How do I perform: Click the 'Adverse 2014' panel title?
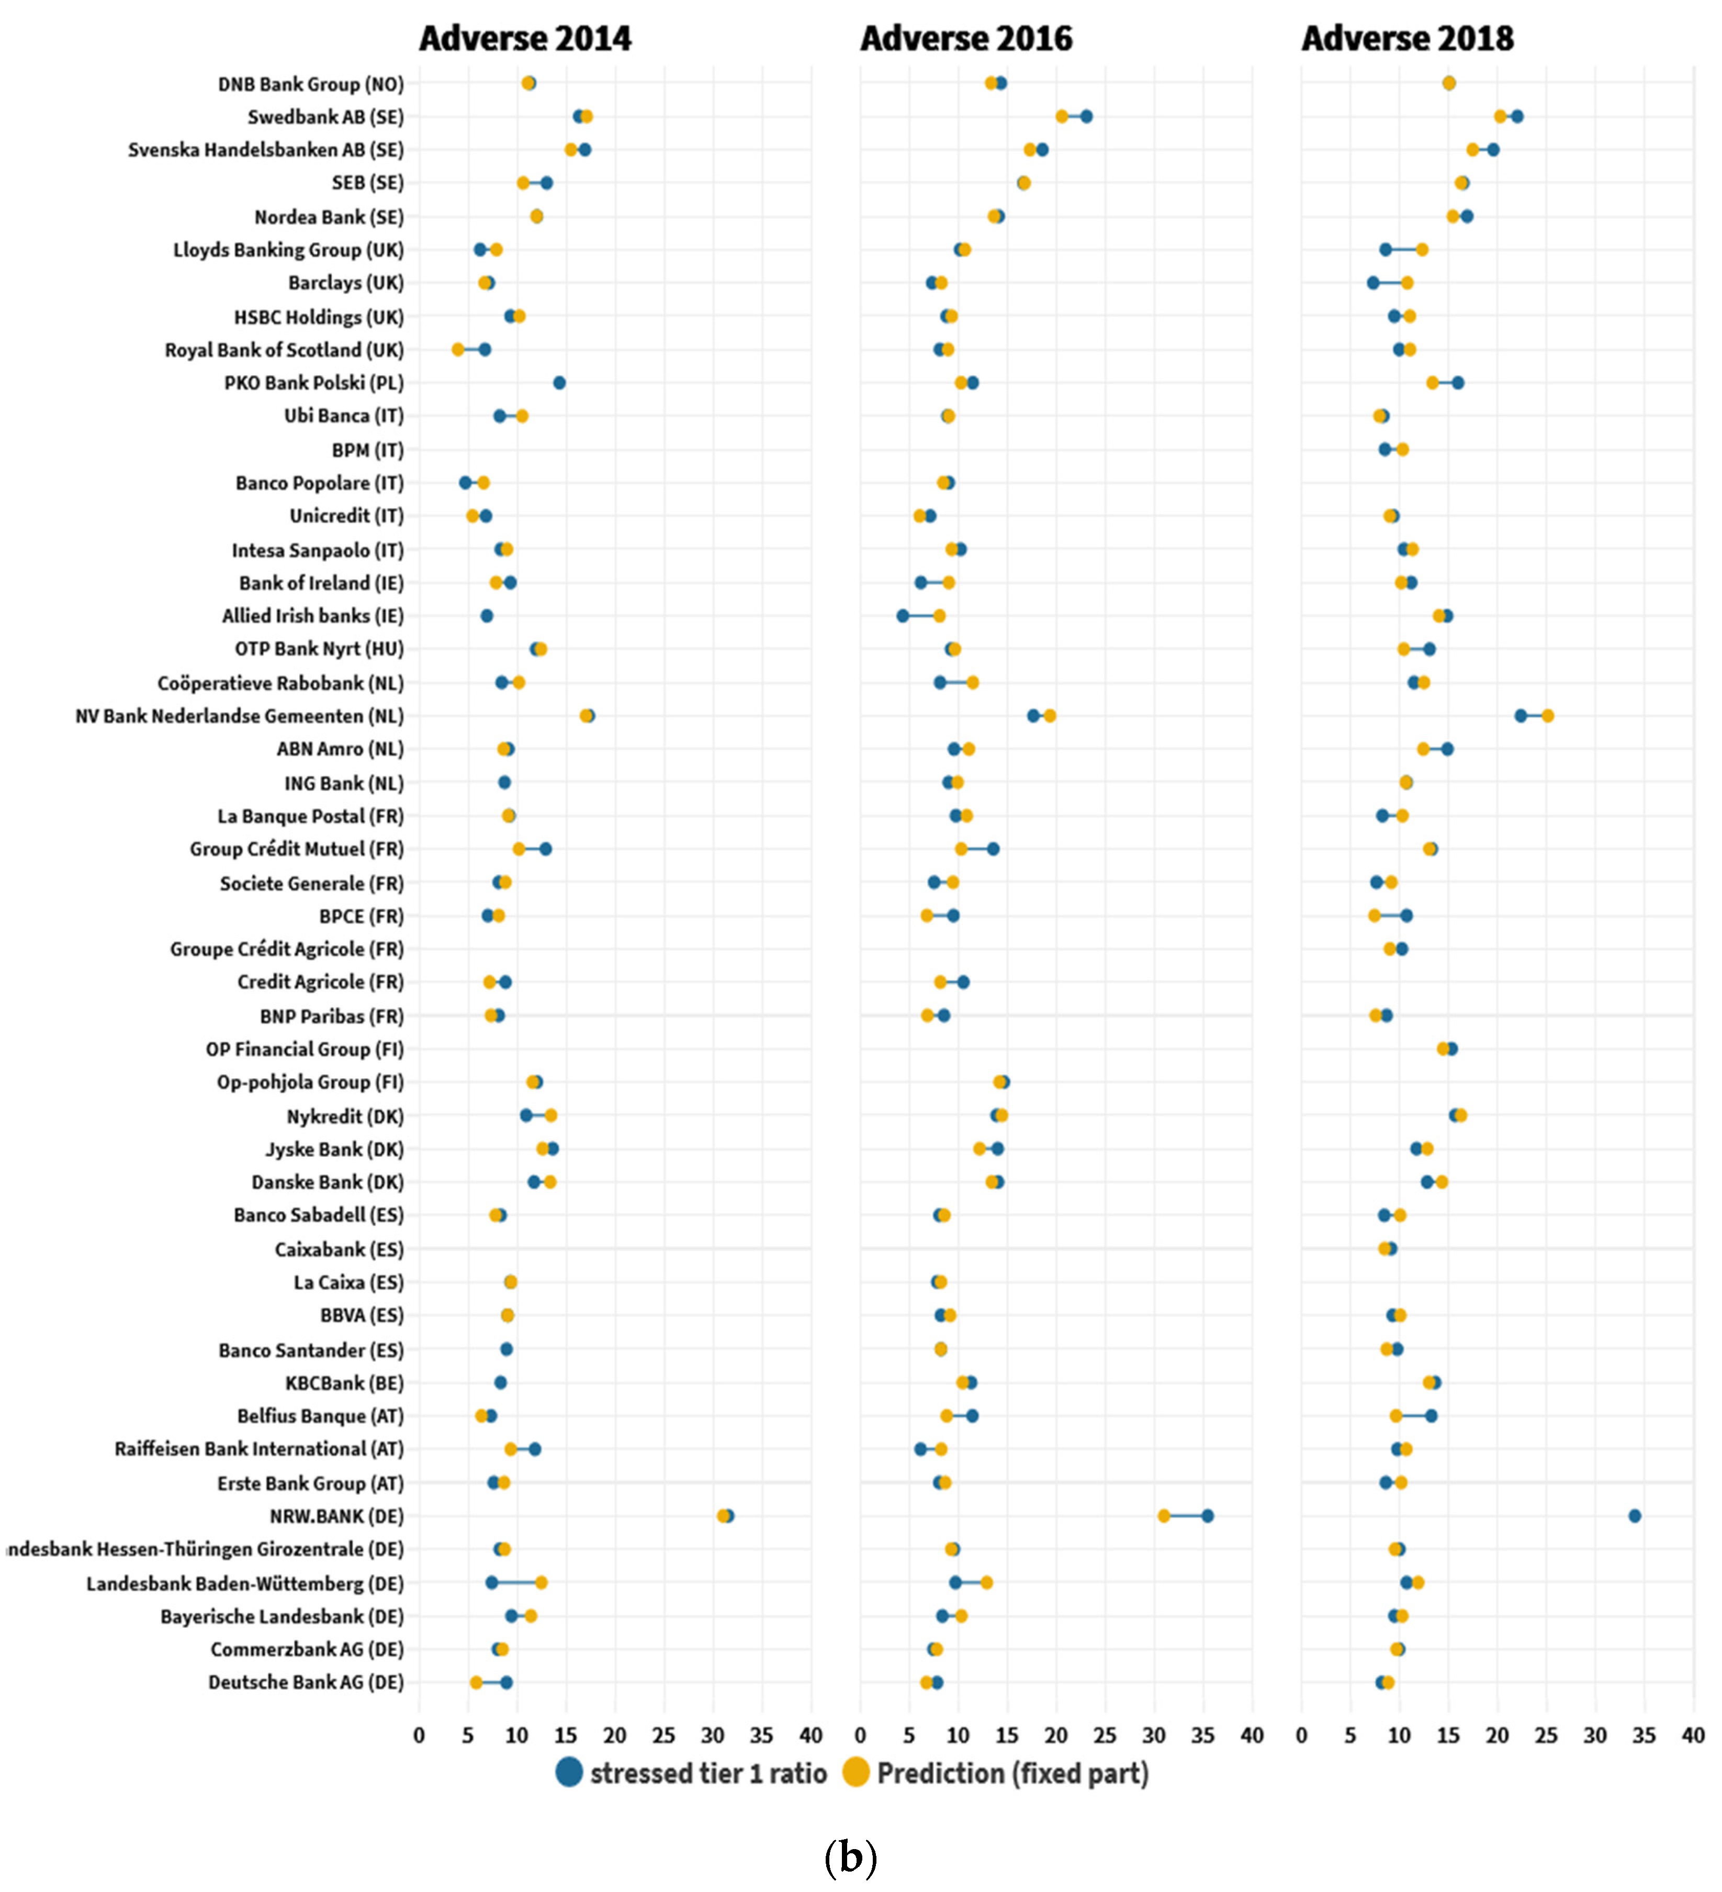525,39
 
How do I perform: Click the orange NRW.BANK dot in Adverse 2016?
1164,1516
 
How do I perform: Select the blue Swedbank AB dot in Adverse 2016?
1086,116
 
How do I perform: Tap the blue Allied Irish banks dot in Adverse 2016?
903,616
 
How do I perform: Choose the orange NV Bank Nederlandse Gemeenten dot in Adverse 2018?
1547,716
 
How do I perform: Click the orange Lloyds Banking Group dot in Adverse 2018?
1422,250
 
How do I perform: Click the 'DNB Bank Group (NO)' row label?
311,84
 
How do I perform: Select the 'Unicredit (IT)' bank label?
346,516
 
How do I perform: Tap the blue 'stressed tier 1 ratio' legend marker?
569,1772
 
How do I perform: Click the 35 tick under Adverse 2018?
1644,1735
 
